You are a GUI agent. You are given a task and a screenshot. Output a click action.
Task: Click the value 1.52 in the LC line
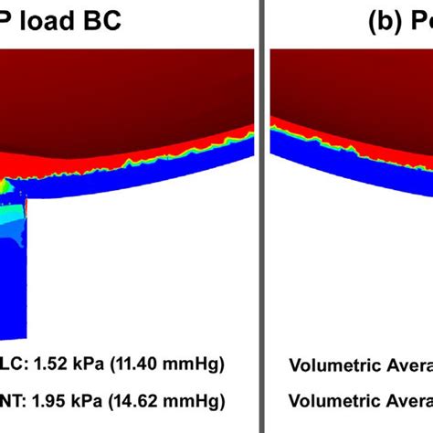click(51, 365)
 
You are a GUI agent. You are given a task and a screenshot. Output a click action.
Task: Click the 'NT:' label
click(14, 400)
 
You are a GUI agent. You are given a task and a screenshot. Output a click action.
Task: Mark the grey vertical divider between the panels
click(263, 216)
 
